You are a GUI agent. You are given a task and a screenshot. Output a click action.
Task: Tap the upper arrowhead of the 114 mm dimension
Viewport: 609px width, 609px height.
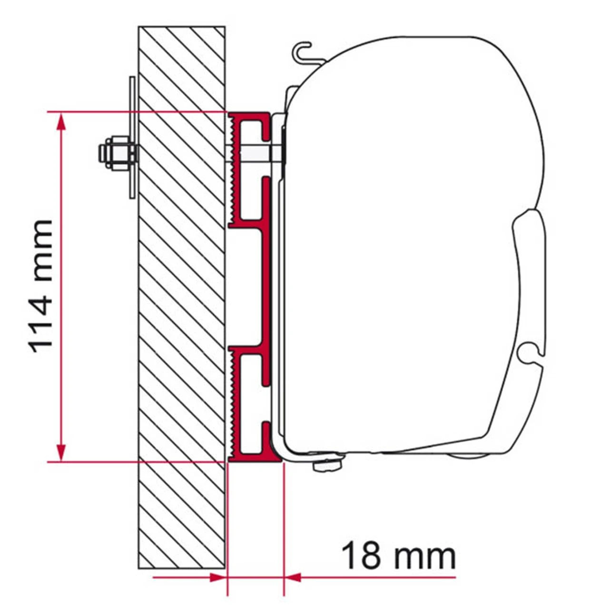pyautogui.click(x=60, y=122)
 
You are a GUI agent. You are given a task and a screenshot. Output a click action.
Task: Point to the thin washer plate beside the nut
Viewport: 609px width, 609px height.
pyautogui.click(x=132, y=138)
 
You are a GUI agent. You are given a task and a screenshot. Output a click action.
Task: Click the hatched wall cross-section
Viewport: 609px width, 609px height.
pyautogui.click(x=181, y=285)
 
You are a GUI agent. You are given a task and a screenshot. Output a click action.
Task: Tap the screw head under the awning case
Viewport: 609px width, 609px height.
pyautogui.click(x=327, y=465)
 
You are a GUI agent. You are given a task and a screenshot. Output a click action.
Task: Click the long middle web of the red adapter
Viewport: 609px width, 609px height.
pyautogui.click(x=267, y=285)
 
